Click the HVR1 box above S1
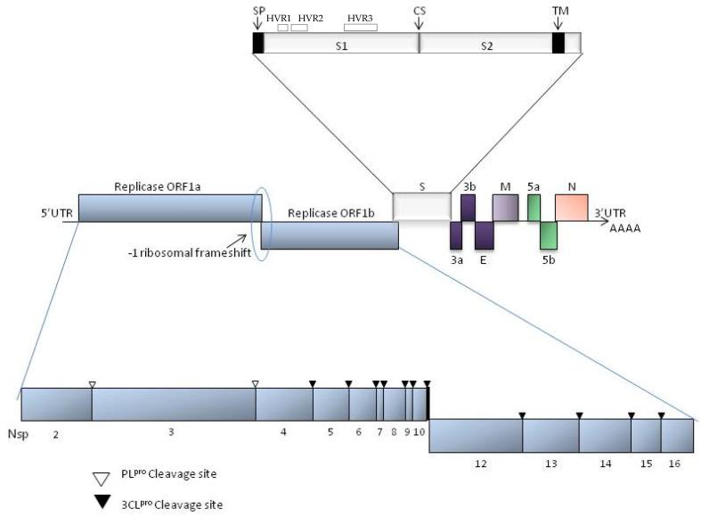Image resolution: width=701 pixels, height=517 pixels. [x=282, y=28]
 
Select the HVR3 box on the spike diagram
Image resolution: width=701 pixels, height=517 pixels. [x=361, y=28]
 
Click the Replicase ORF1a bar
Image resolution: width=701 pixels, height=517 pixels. [x=169, y=208]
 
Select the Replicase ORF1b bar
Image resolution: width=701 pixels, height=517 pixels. [x=330, y=235]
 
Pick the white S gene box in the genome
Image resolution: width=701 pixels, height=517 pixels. [x=421, y=207]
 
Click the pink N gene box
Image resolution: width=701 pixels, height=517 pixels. [x=571, y=207]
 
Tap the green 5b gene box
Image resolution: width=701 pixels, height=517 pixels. [x=549, y=235]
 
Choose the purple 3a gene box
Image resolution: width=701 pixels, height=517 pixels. [x=456, y=235]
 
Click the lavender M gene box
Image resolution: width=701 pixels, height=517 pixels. [x=505, y=207]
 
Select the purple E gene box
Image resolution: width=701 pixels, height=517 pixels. [x=485, y=235]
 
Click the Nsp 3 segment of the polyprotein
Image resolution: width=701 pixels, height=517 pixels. [x=173, y=404]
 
